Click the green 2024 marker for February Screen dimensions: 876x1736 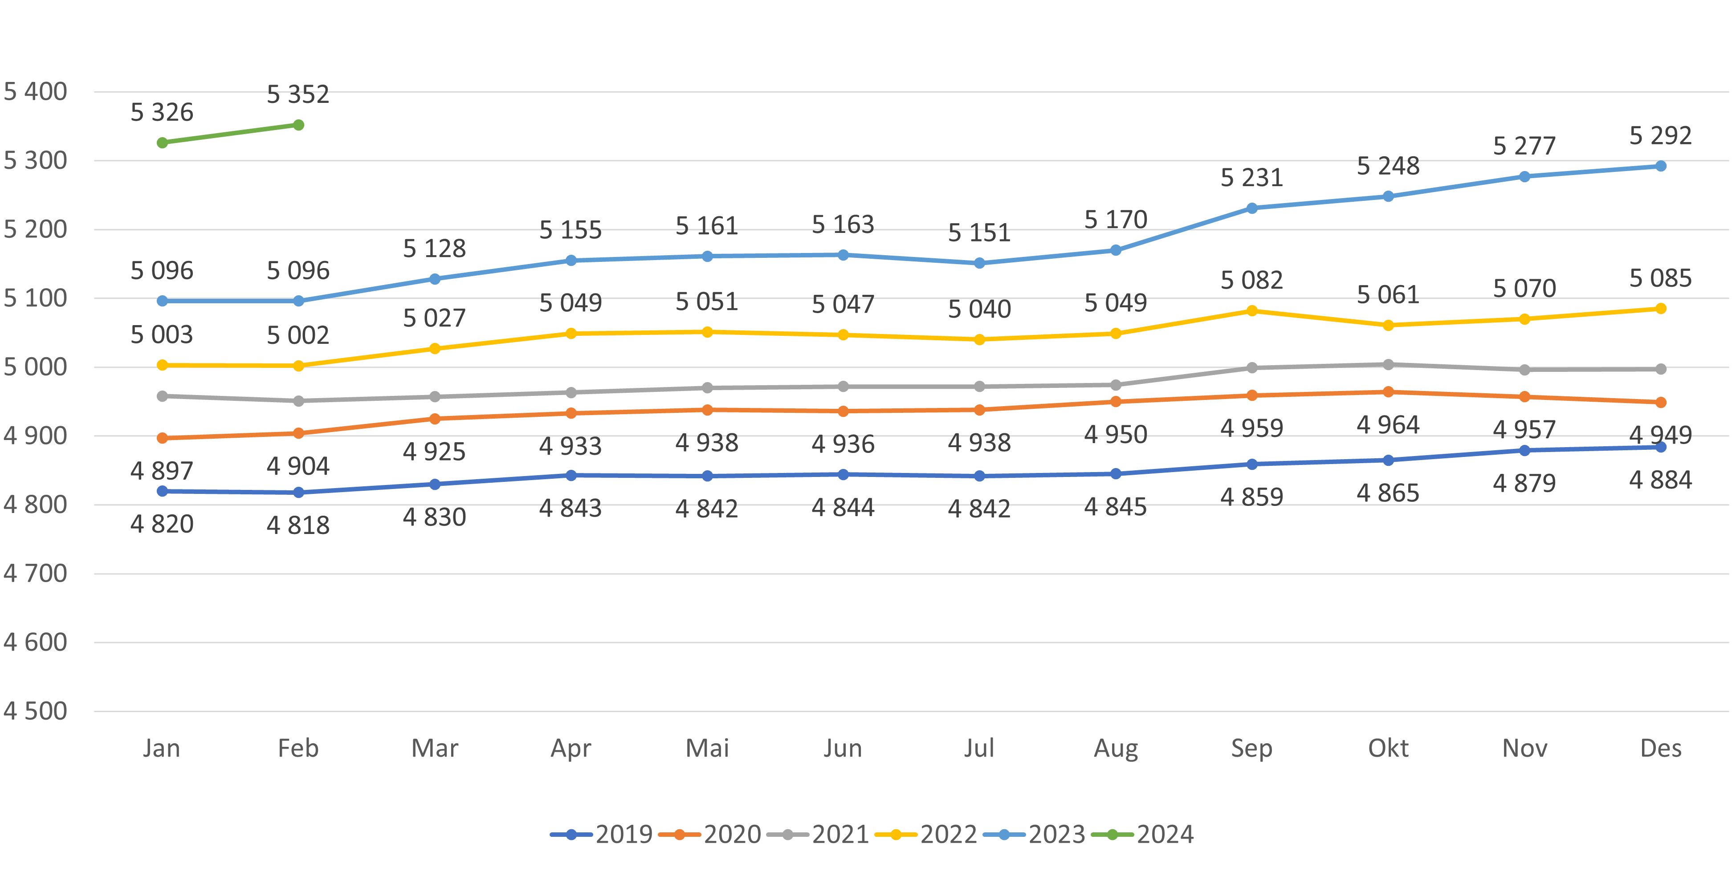click(298, 125)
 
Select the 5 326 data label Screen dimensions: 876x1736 click(162, 112)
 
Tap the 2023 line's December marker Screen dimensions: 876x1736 click(1661, 166)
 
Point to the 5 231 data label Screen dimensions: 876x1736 click(1251, 178)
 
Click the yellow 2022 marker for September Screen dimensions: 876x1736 click(1251, 311)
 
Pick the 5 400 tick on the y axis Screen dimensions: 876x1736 click(35, 92)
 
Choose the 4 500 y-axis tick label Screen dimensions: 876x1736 click(35, 711)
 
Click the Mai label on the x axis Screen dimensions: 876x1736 click(707, 748)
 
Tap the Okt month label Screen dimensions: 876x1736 click(1388, 748)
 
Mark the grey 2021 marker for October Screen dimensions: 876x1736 click(1388, 365)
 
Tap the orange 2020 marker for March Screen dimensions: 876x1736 click(435, 419)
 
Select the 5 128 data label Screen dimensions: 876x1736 click(435, 249)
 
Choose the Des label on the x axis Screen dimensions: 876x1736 click(1661, 748)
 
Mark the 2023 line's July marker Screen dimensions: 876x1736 click(979, 263)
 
